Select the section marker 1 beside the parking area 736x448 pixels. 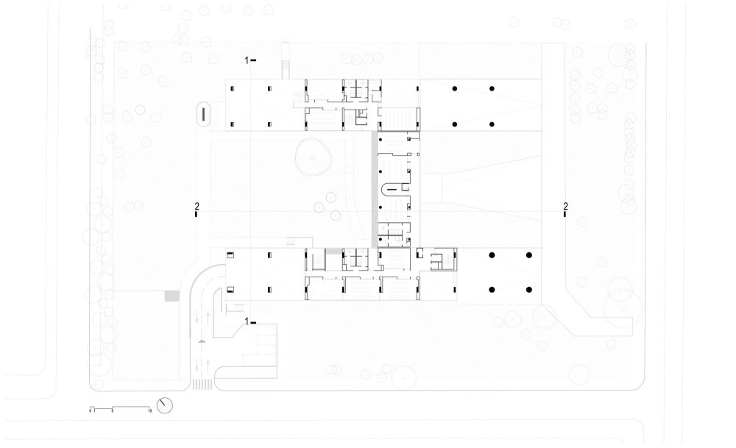point(250,321)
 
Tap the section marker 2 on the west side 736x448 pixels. point(197,210)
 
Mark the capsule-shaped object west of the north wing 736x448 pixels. point(203,115)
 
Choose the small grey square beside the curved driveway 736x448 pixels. point(171,295)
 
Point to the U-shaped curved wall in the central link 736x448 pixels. point(389,192)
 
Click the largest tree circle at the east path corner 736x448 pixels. point(621,307)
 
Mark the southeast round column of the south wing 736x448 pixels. point(529,288)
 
